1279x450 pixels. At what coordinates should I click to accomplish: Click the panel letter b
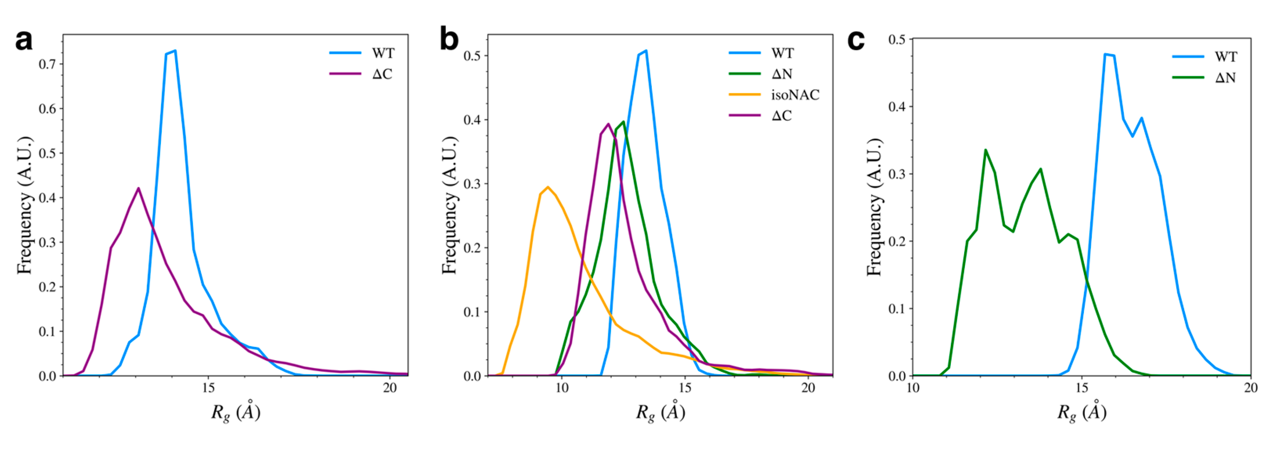tap(449, 40)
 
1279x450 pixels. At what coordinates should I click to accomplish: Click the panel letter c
tap(856, 40)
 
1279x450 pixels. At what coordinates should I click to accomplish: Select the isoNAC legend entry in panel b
tap(795, 94)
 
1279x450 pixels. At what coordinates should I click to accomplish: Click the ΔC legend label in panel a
tap(382, 74)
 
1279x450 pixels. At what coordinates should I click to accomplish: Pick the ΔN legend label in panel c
tap(1225, 77)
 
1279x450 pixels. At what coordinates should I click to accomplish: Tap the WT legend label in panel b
tap(782, 53)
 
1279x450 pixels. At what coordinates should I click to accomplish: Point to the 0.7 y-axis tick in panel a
tap(48, 64)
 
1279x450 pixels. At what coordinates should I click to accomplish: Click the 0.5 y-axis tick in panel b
tap(472, 56)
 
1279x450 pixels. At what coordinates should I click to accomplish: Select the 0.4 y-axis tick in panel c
tap(898, 107)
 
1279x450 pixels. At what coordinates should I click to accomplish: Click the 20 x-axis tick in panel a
tap(390, 388)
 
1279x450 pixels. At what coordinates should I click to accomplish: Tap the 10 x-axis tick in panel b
tap(562, 388)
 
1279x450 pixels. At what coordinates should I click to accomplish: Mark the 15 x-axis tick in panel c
tap(1082, 388)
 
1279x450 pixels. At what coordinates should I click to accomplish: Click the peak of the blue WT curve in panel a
tap(175, 51)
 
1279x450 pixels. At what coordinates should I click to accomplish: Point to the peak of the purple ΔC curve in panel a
tap(139, 188)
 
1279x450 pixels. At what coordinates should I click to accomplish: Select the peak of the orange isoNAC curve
tap(548, 187)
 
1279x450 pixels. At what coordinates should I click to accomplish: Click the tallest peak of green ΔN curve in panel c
tap(985, 150)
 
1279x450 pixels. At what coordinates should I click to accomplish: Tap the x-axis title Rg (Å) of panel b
tap(661, 412)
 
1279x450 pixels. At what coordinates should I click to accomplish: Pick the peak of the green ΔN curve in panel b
tap(623, 122)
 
